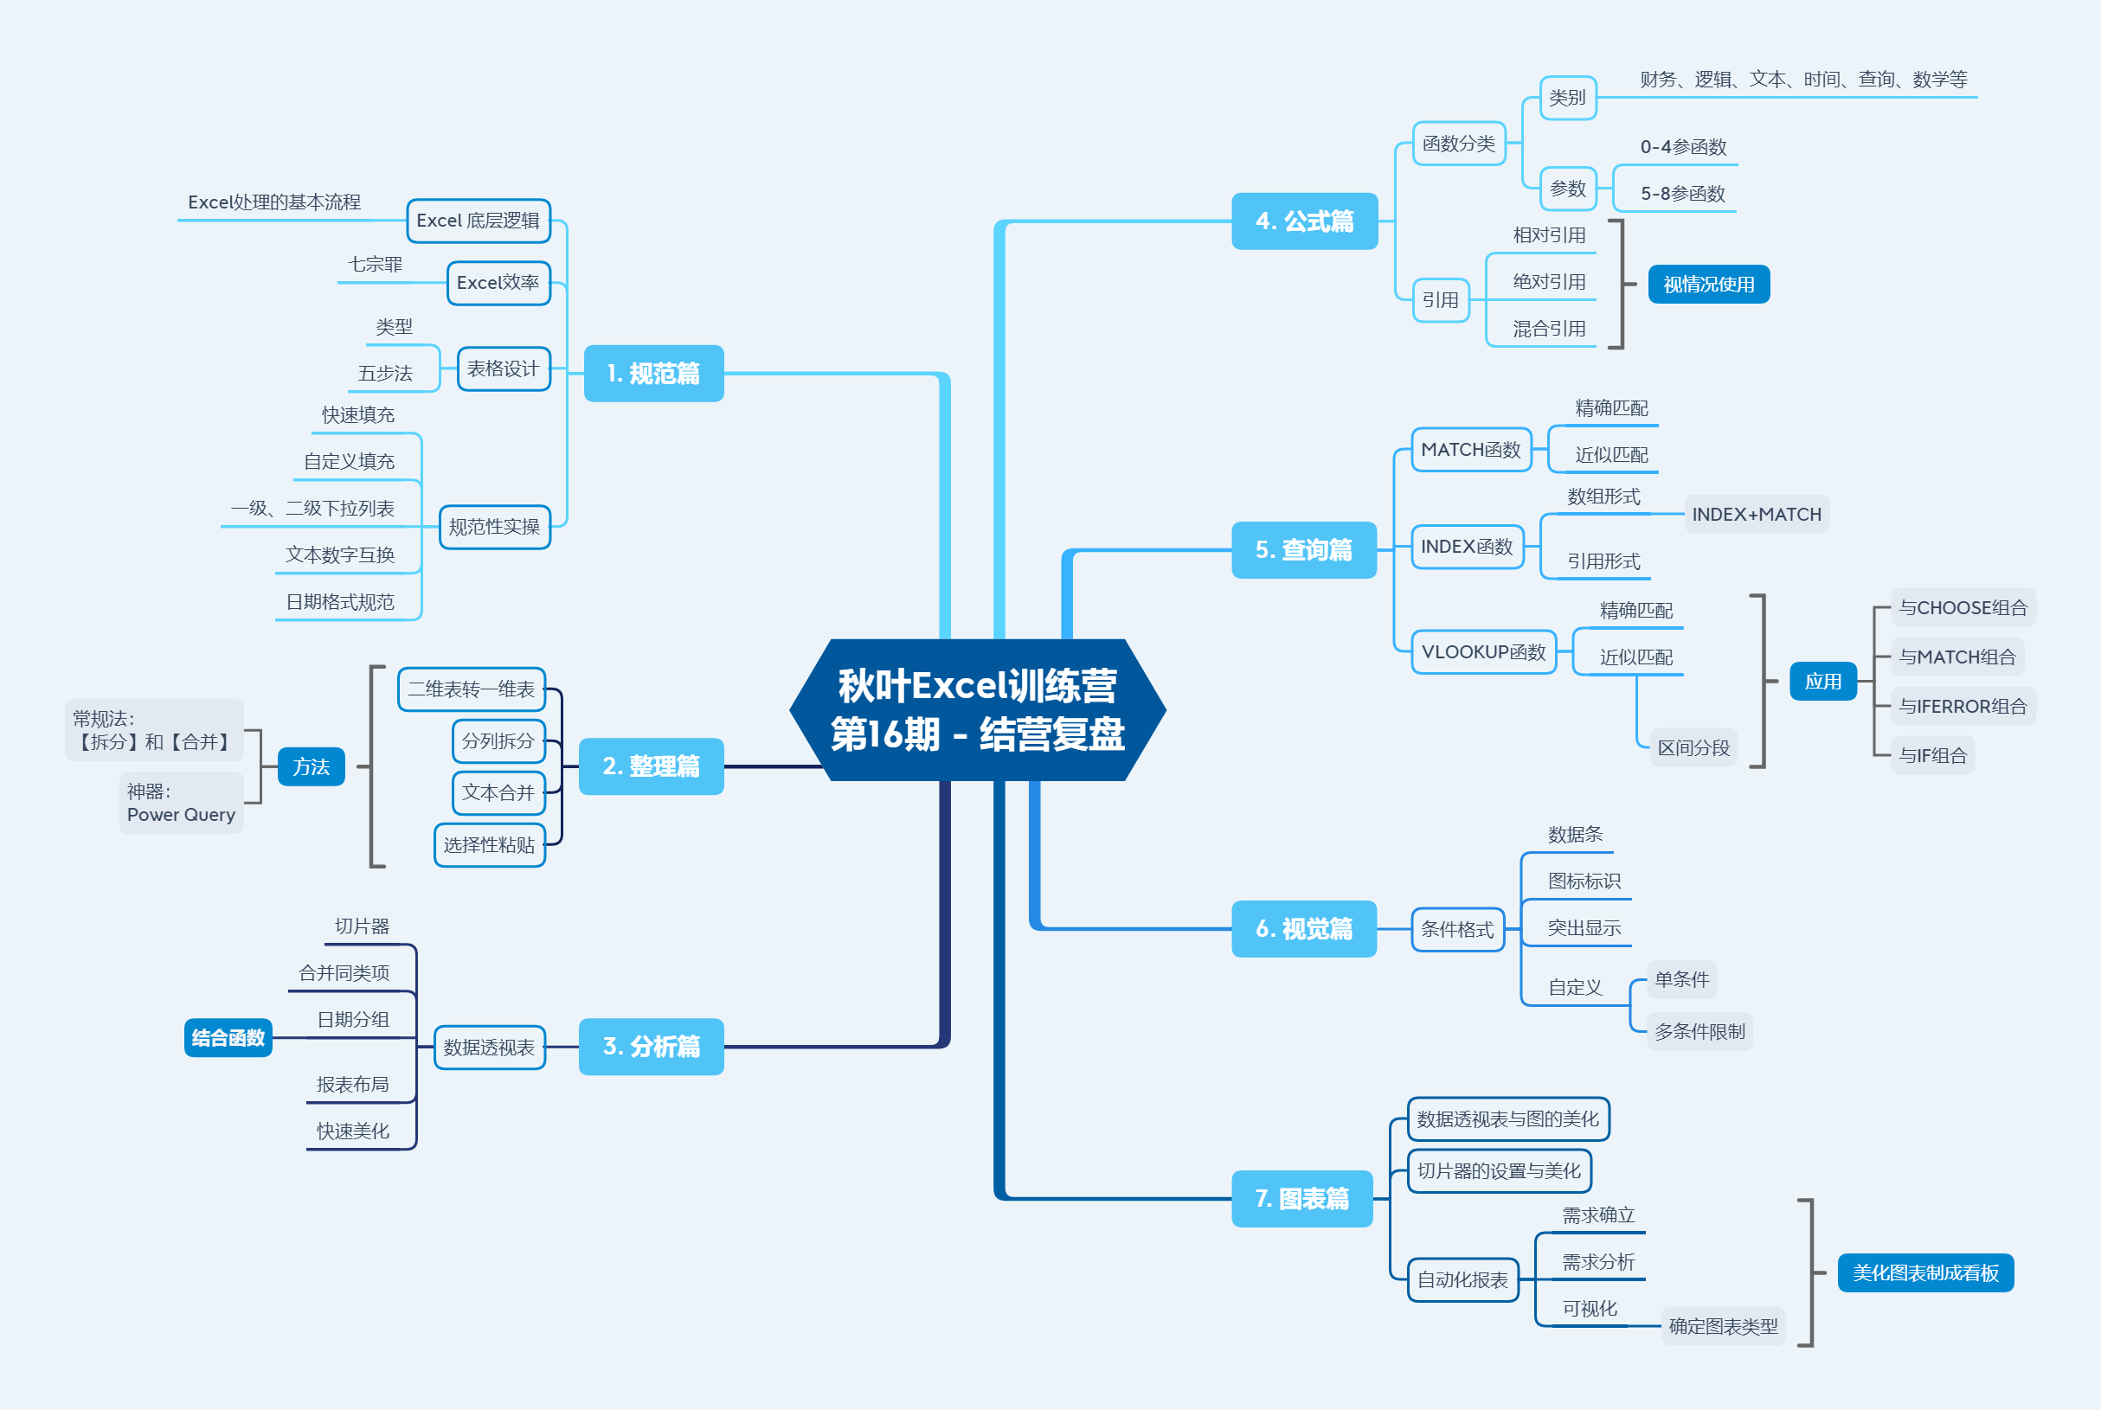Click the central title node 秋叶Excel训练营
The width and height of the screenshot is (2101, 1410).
978,709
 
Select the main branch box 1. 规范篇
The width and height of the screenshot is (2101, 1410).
654,373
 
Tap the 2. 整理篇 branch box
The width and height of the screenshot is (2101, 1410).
652,766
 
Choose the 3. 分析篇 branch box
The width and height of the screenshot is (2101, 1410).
652,1047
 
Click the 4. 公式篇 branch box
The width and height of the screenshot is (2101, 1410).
1304,221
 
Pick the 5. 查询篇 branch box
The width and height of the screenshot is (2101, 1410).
1303,549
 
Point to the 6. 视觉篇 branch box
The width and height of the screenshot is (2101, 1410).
1303,929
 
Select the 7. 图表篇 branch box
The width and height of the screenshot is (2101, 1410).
1301,1199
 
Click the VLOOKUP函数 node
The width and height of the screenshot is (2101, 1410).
1483,652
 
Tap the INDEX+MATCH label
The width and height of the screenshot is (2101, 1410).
1756,515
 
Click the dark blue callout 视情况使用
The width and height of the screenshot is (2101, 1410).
1708,284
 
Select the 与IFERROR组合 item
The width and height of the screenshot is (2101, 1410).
1963,707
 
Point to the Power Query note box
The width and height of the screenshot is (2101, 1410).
181,803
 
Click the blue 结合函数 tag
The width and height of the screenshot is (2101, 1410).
228,1038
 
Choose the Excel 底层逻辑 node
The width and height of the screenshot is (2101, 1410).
478,221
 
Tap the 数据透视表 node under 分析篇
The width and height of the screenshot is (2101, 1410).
489,1048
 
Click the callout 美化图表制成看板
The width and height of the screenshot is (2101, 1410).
1924,1272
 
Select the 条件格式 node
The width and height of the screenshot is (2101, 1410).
1457,930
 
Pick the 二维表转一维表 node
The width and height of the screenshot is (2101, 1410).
472,689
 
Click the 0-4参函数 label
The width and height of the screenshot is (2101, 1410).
1683,147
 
